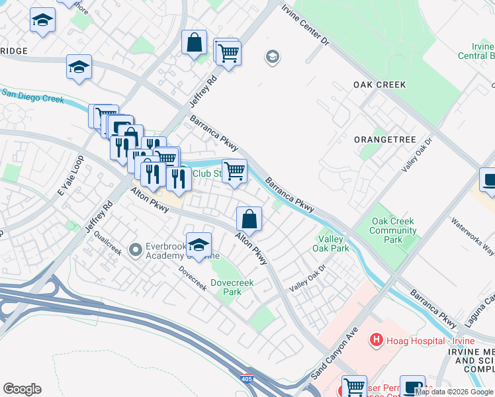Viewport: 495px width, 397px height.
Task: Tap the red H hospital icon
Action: coord(376,340)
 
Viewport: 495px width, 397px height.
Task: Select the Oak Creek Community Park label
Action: coord(394,231)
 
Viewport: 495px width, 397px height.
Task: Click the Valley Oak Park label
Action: coord(334,243)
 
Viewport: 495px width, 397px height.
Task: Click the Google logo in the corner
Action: coord(22,389)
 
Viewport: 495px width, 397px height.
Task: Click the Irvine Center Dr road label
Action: coord(305,26)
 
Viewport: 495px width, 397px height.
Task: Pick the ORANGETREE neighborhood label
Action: coord(384,140)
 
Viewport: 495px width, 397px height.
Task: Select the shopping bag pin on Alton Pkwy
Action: coord(249,218)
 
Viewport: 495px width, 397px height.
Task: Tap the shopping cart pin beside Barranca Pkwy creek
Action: coord(234,171)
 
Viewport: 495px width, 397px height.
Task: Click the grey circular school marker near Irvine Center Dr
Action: coord(271,58)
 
